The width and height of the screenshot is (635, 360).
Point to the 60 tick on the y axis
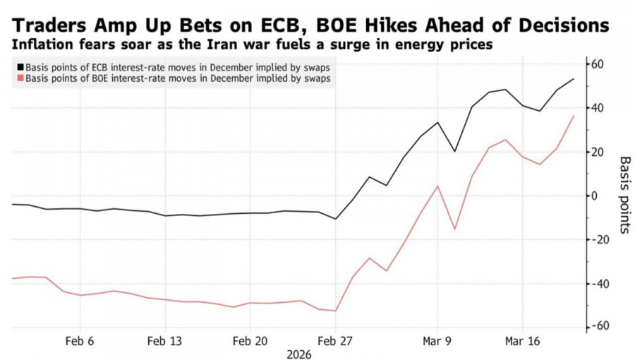point(600,64)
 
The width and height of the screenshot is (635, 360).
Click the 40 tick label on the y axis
point(600,108)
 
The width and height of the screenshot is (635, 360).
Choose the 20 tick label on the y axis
point(600,152)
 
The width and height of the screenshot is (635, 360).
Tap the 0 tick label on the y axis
point(596,196)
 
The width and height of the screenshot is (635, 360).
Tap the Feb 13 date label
point(165,341)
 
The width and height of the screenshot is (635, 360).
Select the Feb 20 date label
point(250,341)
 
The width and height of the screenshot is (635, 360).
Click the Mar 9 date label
point(437,341)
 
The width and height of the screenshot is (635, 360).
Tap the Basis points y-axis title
point(624,196)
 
